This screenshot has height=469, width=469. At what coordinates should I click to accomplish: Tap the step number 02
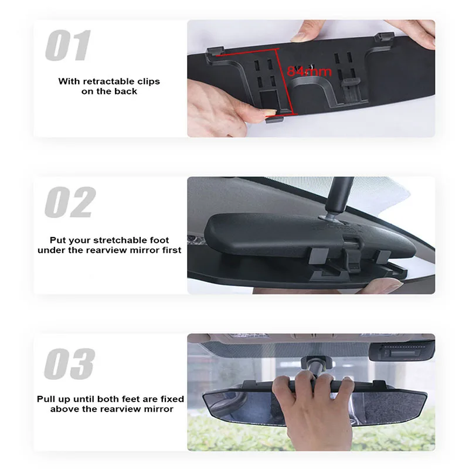point(69,202)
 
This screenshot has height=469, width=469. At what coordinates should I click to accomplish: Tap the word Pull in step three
point(47,399)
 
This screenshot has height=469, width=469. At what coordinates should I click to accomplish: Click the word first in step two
point(169,250)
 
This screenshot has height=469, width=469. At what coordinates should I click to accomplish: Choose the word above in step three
point(63,409)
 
